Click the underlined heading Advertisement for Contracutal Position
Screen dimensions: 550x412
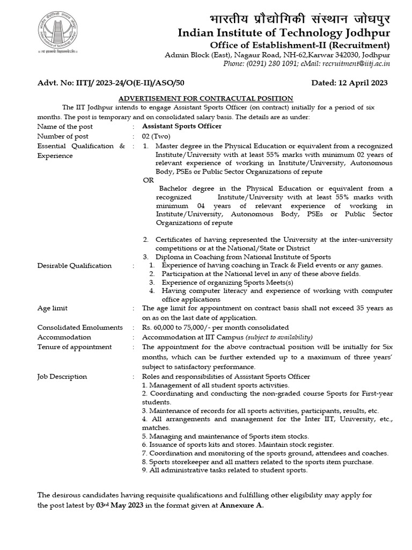tap(205, 98)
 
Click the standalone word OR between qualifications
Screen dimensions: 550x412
tap(148, 180)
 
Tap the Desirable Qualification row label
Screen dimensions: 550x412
tap(74, 265)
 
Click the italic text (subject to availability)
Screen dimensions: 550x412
tap(278, 337)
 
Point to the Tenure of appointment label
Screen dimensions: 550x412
tap(74, 347)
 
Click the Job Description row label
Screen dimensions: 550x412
tap(62, 377)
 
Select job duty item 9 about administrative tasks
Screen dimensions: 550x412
tap(225, 470)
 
